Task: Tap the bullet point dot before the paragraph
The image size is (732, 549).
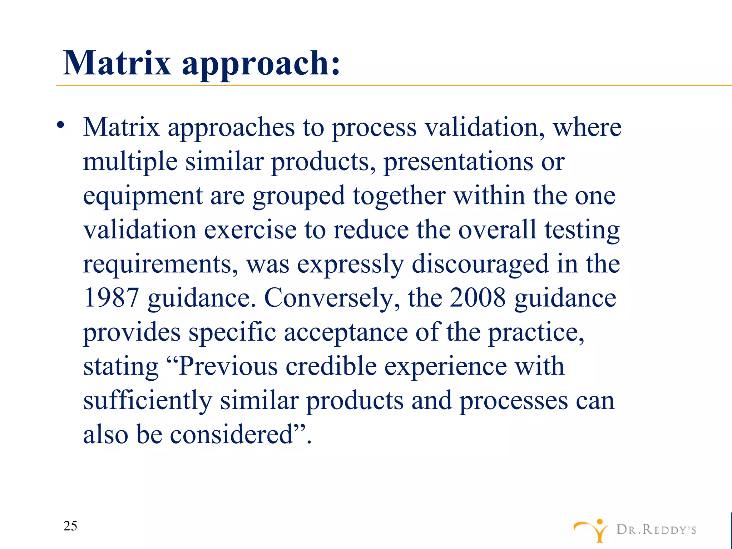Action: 61,125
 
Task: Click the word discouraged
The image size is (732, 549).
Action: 480,264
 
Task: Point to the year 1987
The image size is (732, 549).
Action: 111,298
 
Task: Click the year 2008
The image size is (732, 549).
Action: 478,298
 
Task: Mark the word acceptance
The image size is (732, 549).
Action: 346,332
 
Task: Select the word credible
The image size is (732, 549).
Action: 331,366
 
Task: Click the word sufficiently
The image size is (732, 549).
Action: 148,401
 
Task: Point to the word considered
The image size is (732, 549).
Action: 232,435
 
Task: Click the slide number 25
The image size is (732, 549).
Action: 70,526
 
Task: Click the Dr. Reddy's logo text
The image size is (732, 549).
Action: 656,530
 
